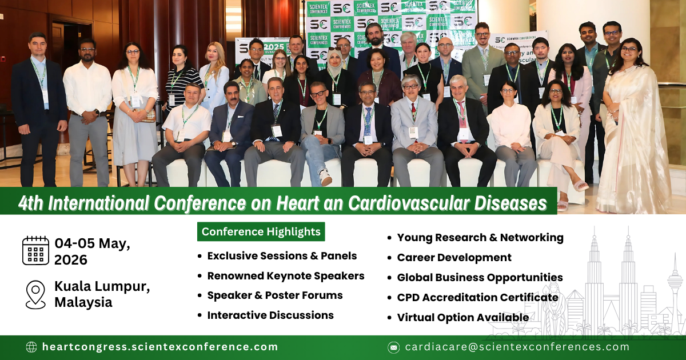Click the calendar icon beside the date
click(x=35, y=250)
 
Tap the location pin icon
click(x=35, y=294)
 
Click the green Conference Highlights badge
click(x=261, y=231)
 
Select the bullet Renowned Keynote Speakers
click(x=285, y=276)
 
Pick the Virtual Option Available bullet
click(x=462, y=317)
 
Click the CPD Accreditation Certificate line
click(x=477, y=297)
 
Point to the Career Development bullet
click(x=454, y=257)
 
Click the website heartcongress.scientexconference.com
click(x=160, y=347)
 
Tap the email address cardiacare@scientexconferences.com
click(x=517, y=347)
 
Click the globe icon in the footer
click(x=31, y=347)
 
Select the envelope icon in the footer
click(x=393, y=347)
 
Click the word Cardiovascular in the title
click(x=430, y=203)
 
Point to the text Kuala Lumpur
click(x=102, y=286)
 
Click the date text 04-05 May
click(x=92, y=243)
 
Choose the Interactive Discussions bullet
click(x=270, y=315)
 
